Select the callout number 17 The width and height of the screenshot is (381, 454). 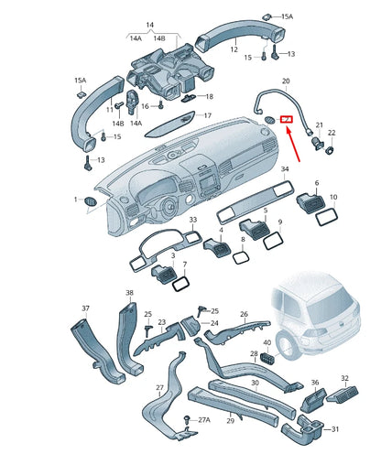[x=207, y=115]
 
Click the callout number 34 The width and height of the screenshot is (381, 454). [x=285, y=169]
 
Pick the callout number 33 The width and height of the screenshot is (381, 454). [x=192, y=222]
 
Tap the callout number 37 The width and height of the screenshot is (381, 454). [x=86, y=308]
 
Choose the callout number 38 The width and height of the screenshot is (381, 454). [x=129, y=293]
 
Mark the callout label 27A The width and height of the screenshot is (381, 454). [x=205, y=418]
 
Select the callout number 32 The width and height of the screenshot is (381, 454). [x=345, y=376]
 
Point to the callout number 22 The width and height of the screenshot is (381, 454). [x=332, y=133]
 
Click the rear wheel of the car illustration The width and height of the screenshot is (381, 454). [x=288, y=349]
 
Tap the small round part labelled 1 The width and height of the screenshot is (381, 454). [x=91, y=200]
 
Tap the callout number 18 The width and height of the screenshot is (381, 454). [x=209, y=96]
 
